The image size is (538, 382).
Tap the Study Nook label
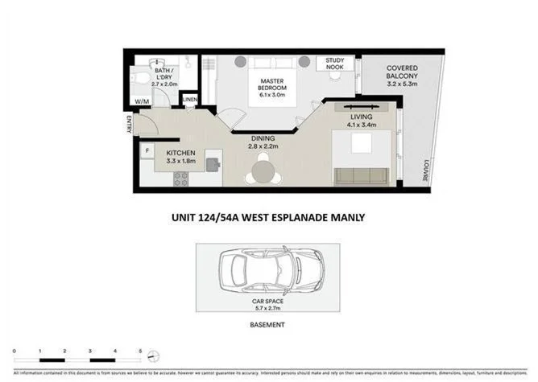tap(333, 64)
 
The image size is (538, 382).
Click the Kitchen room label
tap(182, 156)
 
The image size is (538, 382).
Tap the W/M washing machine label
tap(142, 101)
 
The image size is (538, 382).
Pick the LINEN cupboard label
tap(190, 100)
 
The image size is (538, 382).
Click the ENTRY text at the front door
tap(128, 123)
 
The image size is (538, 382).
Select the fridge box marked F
tap(147, 150)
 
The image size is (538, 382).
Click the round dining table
tap(263, 171)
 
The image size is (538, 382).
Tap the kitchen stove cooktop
tap(178, 180)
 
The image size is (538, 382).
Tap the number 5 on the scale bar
tap(140, 351)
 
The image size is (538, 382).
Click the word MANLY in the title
tap(347, 216)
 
